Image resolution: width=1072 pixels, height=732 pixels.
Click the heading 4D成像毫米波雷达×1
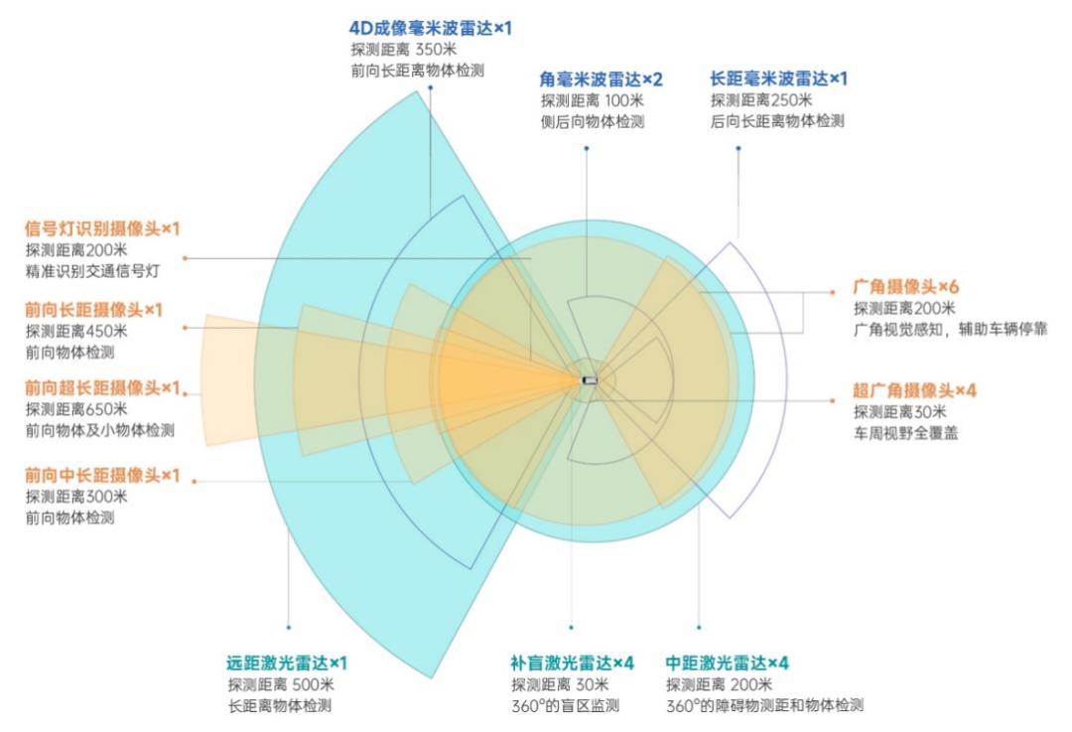430,28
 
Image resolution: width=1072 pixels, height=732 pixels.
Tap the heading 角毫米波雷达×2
601,79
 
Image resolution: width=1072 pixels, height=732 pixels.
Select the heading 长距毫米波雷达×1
779,78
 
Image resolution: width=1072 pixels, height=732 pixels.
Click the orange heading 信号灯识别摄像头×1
102,228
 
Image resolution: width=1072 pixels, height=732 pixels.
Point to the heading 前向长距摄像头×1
93,310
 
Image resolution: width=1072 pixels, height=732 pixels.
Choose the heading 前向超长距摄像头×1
102,388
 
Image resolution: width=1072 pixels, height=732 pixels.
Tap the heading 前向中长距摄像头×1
102,475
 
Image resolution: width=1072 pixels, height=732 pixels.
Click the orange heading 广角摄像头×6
906,287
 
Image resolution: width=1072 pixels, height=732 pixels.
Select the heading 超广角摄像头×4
915,390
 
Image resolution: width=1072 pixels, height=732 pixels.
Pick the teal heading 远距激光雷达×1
287,662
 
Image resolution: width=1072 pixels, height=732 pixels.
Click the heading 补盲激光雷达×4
573,662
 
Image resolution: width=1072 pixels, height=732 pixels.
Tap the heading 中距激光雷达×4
728,662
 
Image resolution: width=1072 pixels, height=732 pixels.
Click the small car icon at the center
590,380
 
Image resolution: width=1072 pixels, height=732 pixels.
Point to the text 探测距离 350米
404,50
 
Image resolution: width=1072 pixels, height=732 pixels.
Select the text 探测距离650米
76,409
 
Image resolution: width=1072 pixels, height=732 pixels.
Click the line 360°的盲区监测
566,705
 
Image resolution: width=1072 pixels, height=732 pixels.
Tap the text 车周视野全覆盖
906,433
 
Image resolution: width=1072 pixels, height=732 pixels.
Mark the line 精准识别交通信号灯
92,271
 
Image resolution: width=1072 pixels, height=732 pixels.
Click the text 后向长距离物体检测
777,121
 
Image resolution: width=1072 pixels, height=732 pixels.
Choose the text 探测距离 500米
281,684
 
